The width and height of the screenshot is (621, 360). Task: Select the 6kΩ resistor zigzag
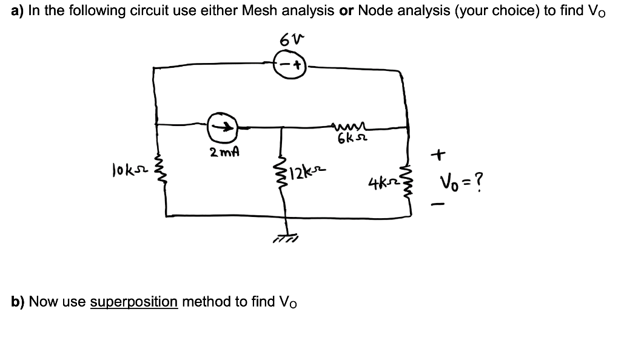346,126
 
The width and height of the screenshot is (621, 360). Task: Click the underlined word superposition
134,301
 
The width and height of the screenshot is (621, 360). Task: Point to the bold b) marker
18,301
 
